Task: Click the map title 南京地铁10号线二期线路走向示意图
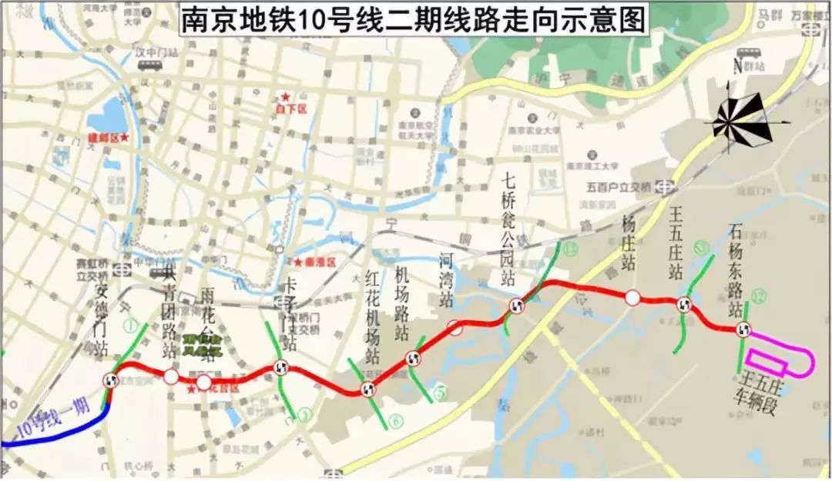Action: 411,19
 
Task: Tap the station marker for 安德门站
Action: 112,379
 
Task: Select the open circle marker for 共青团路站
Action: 170,376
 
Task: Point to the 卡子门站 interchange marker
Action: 281,368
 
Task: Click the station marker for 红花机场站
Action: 366,389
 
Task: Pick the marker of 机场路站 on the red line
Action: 413,358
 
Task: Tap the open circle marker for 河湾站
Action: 455,328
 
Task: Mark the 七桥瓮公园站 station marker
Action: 515,307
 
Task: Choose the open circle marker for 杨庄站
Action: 632,298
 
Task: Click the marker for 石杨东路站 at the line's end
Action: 743,330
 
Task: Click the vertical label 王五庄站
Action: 676,239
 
